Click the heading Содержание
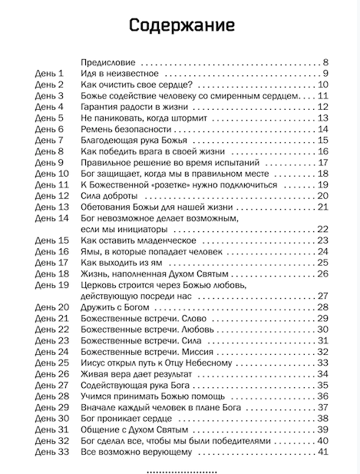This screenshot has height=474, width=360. click(x=181, y=25)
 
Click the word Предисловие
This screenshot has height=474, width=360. click(x=107, y=62)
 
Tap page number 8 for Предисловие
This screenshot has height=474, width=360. click(x=325, y=62)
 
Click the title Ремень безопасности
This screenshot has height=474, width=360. click(x=124, y=129)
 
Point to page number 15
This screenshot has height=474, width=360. click(x=322, y=141)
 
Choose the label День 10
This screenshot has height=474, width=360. click(x=52, y=174)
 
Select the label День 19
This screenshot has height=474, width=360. click(x=52, y=285)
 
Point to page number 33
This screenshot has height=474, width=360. click(x=322, y=363)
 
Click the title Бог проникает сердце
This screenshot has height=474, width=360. click(x=127, y=419)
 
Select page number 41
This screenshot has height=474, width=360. click(x=322, y=452)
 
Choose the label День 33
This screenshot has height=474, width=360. click(x=52, y=452)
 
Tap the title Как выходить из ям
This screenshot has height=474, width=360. click(x=122, y=263)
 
